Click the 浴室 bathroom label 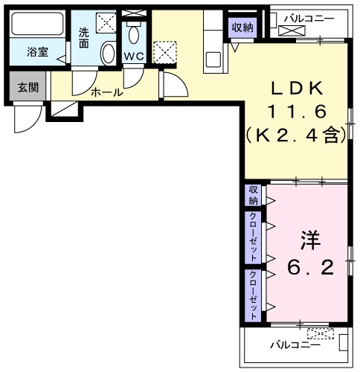[x=37, y=53]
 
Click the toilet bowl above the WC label [x=134, y=36]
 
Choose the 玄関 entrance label [x=28, y=87]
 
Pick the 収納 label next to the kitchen [x=242, y=28]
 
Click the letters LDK [x=295, y=89]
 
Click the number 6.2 [x=309, y=265]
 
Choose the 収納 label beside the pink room [x=254, y=195]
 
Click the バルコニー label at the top [x=308, y=18]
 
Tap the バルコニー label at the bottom [x=295, y=345]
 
